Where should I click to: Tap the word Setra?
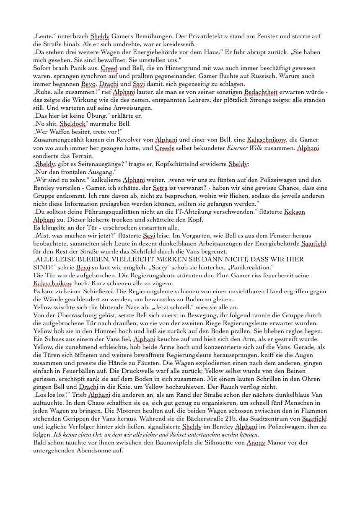pos(159,188)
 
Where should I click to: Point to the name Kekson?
pos(295,212)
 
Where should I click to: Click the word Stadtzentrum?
pos(261,419)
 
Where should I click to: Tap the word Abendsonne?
pos(99,450)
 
